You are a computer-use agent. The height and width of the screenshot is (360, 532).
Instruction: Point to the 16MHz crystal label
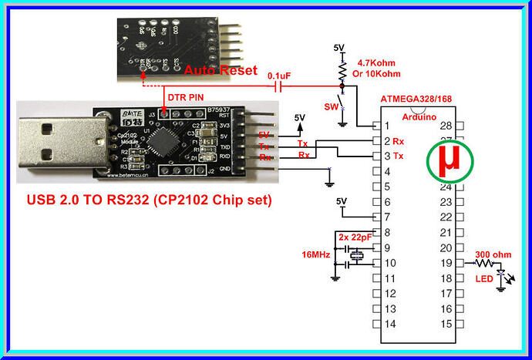pos(316,253)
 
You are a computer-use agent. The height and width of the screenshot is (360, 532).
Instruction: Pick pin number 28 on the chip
pos(444,126)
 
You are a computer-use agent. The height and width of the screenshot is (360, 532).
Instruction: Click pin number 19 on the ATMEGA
pos(444,263)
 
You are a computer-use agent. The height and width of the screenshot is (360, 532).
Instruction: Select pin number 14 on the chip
pos(391,324)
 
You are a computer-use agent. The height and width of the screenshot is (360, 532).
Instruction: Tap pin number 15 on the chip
pos(444,324)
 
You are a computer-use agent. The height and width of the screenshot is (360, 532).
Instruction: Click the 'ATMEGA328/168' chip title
pos(417,99)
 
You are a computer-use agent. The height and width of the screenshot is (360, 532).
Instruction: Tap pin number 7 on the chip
pos(391,217)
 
